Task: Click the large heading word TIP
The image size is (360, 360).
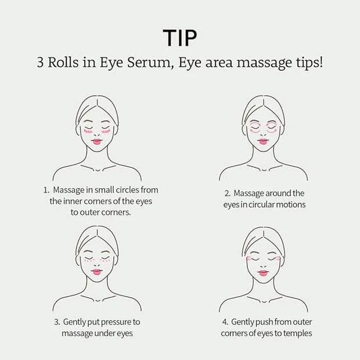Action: (x=180, y=38)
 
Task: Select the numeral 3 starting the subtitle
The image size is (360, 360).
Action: (x=40, y=62)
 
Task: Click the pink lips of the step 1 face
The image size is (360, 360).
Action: (x=97, y=142)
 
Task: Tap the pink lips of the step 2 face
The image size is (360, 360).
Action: (x=263, y=142)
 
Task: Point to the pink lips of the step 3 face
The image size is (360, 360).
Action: (x=97, y=272)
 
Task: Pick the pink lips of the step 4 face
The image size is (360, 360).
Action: (x=263, y=273)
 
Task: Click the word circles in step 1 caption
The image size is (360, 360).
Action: (x=127, y=190)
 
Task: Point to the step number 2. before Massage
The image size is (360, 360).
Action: (x=228, y=193)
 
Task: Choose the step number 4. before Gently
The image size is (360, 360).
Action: (x=225, y=322)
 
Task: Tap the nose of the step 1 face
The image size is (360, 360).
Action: (x=97, y=135)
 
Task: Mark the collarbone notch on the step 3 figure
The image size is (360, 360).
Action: (x=98, y=300)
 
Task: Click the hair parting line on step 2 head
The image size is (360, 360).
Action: (x=264, y=103)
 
